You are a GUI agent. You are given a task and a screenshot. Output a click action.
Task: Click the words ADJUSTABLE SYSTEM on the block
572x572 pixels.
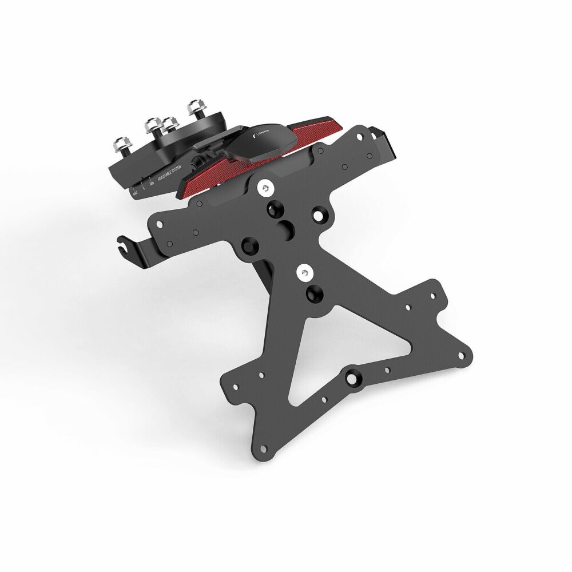(163, 172)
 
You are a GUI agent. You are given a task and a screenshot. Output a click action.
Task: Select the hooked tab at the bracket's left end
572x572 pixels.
(125, 247)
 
